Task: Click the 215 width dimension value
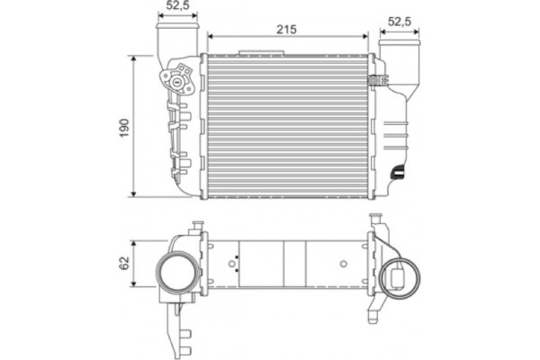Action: pyautogui.click(x=286, y=30)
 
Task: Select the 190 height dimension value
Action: pyautogui.click(x=124, y=128)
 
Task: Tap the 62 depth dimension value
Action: pyautogui.click(x=124, y=263)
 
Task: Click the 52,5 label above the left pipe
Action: pyautogui.click(x=177, y=5)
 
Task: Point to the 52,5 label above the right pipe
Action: pyautogui.click(x=400, y=22)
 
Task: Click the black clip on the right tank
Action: pyautogui.click(x=398, y=172)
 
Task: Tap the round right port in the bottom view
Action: pyautogui.click(x=400, y=278)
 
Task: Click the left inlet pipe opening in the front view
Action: pyautogui.click(x=177, y=26)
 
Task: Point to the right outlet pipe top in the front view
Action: pyautogui.click(x=400, y=43)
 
